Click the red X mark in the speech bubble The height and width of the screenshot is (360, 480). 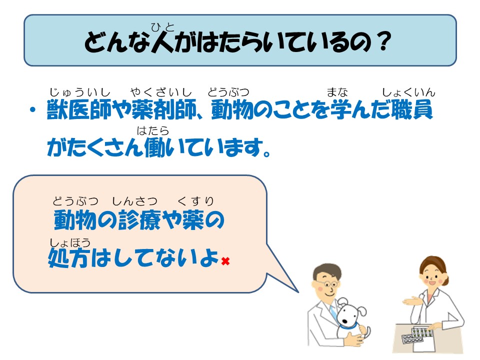(x=225, y=261)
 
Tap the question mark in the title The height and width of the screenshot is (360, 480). (x=384, y=41)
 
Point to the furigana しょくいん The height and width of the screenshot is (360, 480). (x=408, y=92)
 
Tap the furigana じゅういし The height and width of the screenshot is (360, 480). (x=79, y=92)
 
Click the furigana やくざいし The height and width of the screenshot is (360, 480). (x=161, y=92)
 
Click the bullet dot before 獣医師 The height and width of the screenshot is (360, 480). (x=33, y=109)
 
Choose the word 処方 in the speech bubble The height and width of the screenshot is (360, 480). (x=69, y=258)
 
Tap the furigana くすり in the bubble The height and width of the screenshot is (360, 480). (x=195, y=201)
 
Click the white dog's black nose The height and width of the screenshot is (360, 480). (x=344, y=321)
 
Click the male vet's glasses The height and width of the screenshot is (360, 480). (x=329, y=284)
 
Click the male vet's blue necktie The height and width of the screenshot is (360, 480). (x=333, y=312)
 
